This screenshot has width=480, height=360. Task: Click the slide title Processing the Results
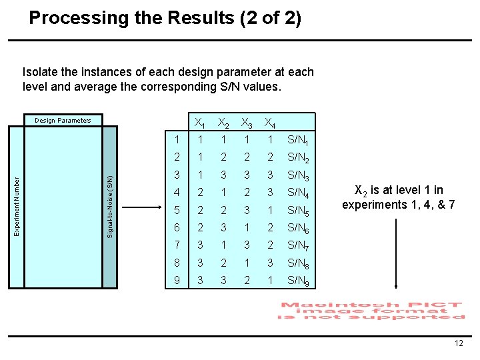165,17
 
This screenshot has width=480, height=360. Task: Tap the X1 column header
199,123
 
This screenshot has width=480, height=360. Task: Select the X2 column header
224,123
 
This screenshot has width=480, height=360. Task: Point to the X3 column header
247,123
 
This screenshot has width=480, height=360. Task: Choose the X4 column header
270,123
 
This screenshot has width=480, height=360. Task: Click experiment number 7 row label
177,245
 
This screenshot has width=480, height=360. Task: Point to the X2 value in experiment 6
223,228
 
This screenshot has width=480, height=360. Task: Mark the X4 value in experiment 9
269,281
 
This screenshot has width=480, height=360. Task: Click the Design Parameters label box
63,121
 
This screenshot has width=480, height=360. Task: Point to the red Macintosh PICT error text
371,311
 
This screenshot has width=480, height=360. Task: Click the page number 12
458,343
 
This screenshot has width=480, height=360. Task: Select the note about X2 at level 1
398,198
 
